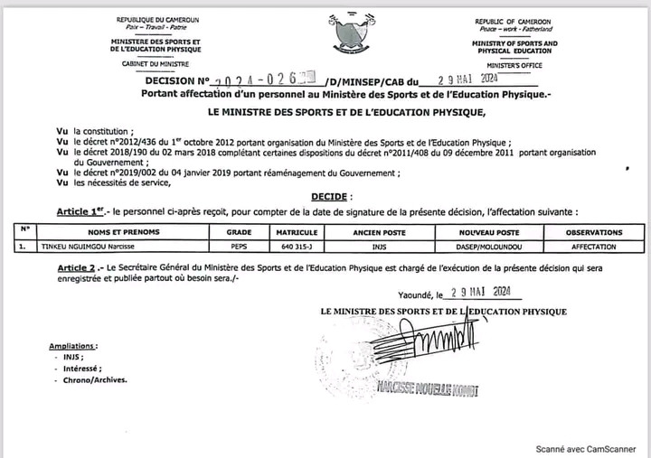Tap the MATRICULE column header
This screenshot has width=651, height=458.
(x=297, y=232)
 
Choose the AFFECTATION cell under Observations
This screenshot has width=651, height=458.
(x=594, y=246)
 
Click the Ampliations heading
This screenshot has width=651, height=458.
(x=75, y=345)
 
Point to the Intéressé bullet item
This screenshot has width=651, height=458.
(x=80, y=369)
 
